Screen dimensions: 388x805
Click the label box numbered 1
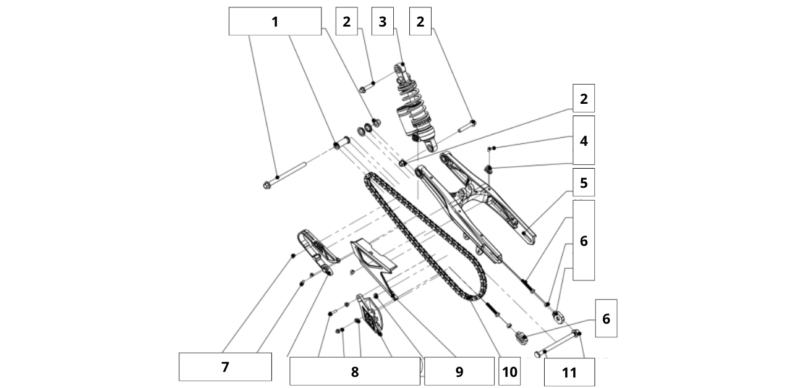pyautogui.click(x=275, y=22)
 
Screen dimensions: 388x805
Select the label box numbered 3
pyautogui.click(x=382, y=22)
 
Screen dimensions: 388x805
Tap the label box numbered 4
pyautogui.click(x=583, y=140)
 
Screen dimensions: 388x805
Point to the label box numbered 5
pyautogui.click(x=583, y=183)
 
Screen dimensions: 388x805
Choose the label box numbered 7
pyautogui.click(x=225, y=367)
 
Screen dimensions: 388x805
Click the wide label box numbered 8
pyautogui.click(x=354, y=371)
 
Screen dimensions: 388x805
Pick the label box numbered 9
pyautogui.click(x=459, y=371)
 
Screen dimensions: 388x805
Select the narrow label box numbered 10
pyautogui.click(x=509, y=371)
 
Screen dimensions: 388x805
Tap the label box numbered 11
pyautogui.click(x=569, y=372)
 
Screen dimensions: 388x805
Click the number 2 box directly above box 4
pyautogui.click(x=583, y=98)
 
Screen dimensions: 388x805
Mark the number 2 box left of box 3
pyautogui.click(x=346, y=22)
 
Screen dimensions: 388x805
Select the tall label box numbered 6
pyautogui.click(x=583, y=240)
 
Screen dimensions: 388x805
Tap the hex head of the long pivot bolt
pyautogui.click(x=267, y=185)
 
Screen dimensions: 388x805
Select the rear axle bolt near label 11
pyautogui.click(x=556, y=344)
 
